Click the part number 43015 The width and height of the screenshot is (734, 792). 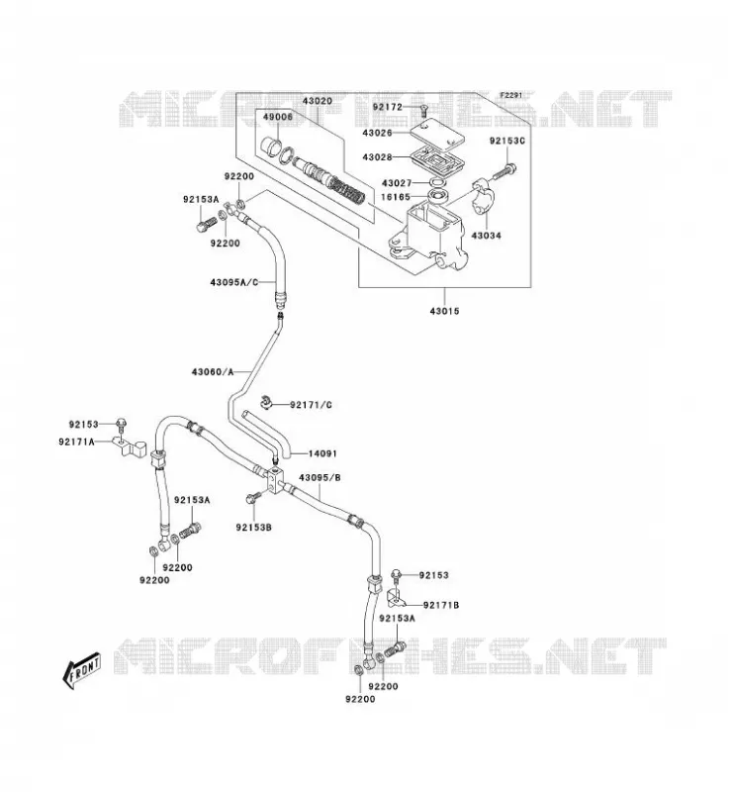pyautogui.click(x=445, y=311)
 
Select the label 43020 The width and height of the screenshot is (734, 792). pyautogui.click(x=318, y=101)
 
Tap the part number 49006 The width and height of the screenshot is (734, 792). pyautogui.click(x=278, y=117)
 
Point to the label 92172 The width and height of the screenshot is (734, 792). pyautogui.click(x=388, y=107)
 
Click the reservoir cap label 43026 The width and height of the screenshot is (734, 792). pyautogui.click(x=377, y=133)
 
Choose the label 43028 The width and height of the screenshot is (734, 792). pyautogui.click(x=377, y=157)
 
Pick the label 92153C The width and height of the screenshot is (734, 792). pyautogui.click(x=507, y=141)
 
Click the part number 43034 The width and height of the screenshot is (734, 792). pyautogui.click(x=486, y=236)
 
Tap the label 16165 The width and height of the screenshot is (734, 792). pyautogui.click(x=396, y=197)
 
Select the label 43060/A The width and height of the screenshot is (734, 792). pyautogui.click(x=213, y=372)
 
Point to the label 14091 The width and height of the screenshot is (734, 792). pyautogui.click(x=322, y=453)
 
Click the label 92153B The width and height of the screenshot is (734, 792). pyautogui.click(x=253, y=528)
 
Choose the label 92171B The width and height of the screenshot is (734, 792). pyautogui.click(x=441, y=605)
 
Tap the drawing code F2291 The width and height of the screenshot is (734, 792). pyautogui.click(x=511, y=95)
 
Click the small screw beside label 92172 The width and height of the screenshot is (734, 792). pyautogui.click(x=423, y=110)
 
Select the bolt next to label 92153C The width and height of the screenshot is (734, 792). pyautogui.click(x=504, y=171)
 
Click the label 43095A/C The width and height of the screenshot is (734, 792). pyautogui.click(x=234, y=282)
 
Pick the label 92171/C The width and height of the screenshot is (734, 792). pyautogui.click(x=311, y=405)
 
